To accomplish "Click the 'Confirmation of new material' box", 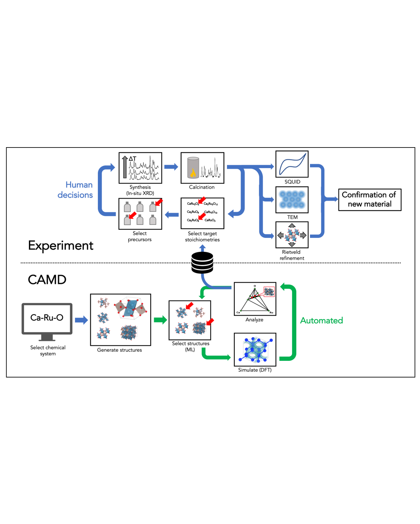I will [x=369, y=200].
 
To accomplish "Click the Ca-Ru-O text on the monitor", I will [x=47, y=318].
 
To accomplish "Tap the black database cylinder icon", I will [x=202, y=263].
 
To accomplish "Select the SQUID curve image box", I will [x=292, y=164].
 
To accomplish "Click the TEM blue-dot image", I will [x=292, y=200].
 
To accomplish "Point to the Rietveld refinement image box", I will [x=292, y=235].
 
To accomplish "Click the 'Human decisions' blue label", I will [x=75, y=190].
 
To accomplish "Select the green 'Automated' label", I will [x=321, y=320].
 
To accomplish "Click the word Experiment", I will [x=61, y=245].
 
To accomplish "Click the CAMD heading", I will [x=47, y=280].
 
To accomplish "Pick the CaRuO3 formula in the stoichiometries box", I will [x=210, y=220].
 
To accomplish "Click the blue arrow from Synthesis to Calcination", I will [x=171, y=167].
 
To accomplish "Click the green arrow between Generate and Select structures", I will [x=160, y=320].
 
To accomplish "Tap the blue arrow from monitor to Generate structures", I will [x=81, y=320].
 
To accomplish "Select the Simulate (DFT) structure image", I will [x=255, y=349].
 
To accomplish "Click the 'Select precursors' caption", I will [x=140, y=236].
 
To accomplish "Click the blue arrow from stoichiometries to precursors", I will [x=172, y=215].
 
